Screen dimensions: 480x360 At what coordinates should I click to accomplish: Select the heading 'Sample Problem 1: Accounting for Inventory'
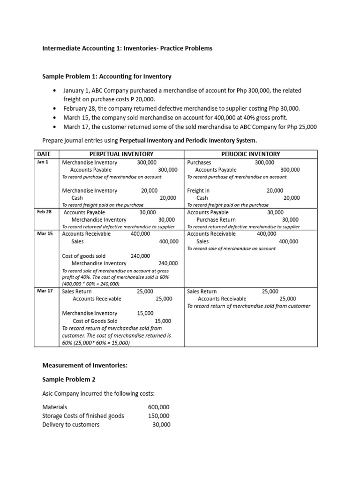tap(107, 76)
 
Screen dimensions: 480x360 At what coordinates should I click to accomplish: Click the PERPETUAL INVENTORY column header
tap(121, 154)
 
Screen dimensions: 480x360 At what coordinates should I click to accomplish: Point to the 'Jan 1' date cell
tap(43, 162)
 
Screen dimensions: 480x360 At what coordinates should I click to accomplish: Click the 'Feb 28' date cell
tap(44, 212)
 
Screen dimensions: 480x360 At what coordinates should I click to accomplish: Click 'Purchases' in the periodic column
tap(199, 162)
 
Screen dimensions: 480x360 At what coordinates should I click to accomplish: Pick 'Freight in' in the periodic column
tap(198, 190)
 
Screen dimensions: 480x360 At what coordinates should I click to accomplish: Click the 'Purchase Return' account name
tap(216, 219)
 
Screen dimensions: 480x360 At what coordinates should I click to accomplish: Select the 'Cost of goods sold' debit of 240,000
tap(140, 256)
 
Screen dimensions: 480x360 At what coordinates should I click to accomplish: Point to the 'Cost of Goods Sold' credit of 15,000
tap(163, 321)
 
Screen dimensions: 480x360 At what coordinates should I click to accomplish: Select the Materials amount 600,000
tap(158, 407)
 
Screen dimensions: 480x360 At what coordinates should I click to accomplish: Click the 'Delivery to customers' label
tap(71, 425)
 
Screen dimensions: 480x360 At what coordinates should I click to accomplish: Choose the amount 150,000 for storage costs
tap(158, 416)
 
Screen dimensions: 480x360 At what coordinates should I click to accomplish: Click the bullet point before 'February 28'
tap(55, 108)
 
